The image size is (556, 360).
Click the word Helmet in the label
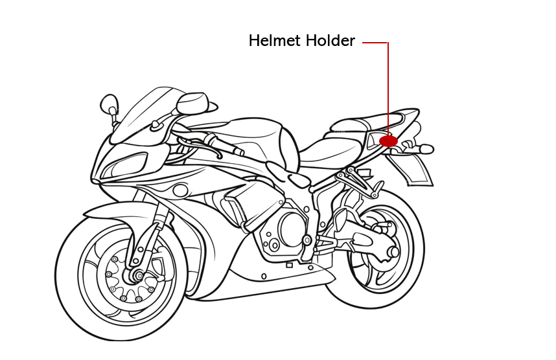(x=275, y=40)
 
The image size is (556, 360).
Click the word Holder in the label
(x=330, y=40)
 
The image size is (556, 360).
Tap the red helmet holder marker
(x=389, y=141)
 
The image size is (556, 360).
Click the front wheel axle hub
(x=137, y=275)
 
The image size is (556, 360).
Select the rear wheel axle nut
(x=393, y=253)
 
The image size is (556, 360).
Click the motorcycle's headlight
(x=125, y=165)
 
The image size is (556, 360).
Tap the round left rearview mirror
(x=110, y=104)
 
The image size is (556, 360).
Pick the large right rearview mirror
(x=192, y=104)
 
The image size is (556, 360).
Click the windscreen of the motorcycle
(x=145, y=113)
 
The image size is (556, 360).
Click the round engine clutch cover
(x=292, y=229)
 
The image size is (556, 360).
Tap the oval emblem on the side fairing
(x=180, y=190)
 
